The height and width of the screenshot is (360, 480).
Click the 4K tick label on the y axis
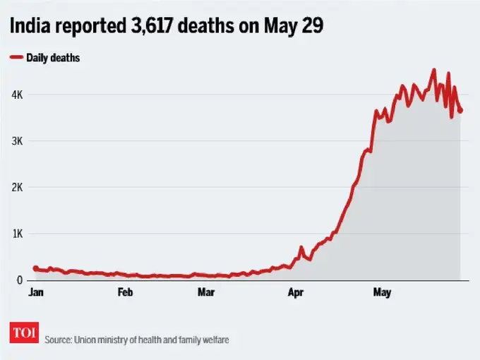click(x=16, y=95)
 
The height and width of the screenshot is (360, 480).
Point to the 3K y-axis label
click(x=16, y=141)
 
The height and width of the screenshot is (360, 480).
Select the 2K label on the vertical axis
click(x=16, y=188)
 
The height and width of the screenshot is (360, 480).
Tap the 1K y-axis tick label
click(x=16, y=234)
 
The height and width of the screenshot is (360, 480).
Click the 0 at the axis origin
click(x=20, y=280)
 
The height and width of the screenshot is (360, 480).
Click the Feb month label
click(x=125, y=292)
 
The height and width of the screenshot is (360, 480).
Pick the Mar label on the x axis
click(x=206, y=292)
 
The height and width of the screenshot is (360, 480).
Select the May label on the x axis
click(x=382, y=292)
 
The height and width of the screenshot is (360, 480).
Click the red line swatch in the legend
click(x=16, y=57)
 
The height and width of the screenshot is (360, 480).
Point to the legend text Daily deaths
click(x=53, y=57)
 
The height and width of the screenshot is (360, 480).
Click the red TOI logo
click(x=24, y=333)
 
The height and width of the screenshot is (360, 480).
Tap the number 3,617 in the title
click(x=152, y=25)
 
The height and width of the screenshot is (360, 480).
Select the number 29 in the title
click(x=313, y=25)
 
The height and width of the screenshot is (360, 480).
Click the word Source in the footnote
click(x=57, y=340)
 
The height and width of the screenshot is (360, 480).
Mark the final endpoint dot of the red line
click(x=460, y=110)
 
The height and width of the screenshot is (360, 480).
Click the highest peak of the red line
click(x=434, y=70)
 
